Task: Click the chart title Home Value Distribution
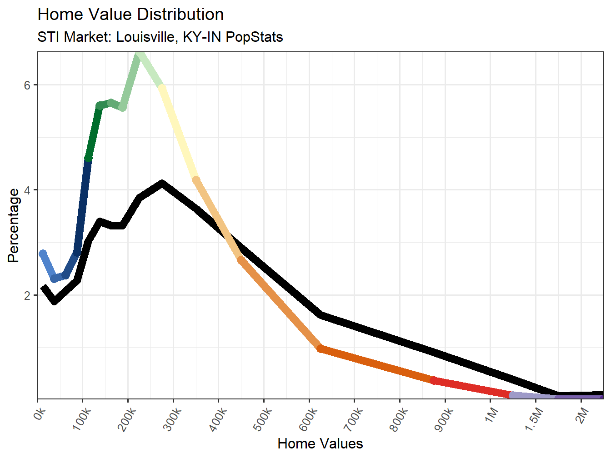tap(130, 15)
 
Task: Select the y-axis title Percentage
tap(14, 225)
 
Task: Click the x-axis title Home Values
tap(320, 443)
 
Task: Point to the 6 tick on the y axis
tap(27, 85)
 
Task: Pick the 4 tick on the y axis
tap(27, 190)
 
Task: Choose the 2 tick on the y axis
tap(27, 295)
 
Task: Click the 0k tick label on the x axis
tap(40, 413)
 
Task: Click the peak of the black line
tap(162, 184)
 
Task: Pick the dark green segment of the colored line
tap(94, 132)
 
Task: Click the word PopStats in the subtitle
tap(254, 37)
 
